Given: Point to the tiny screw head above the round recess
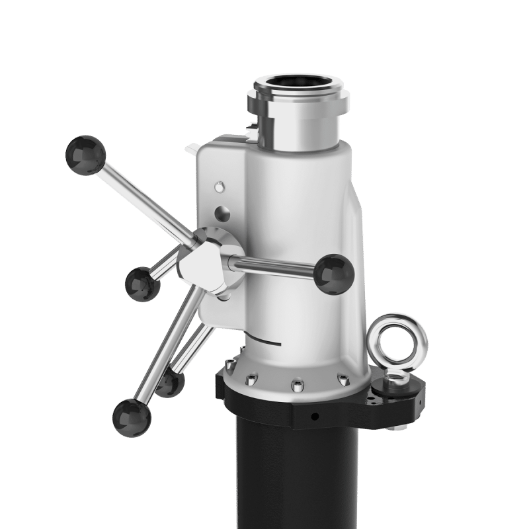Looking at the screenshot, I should click(220, 186).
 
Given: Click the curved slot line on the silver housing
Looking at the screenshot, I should click(271, 341).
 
